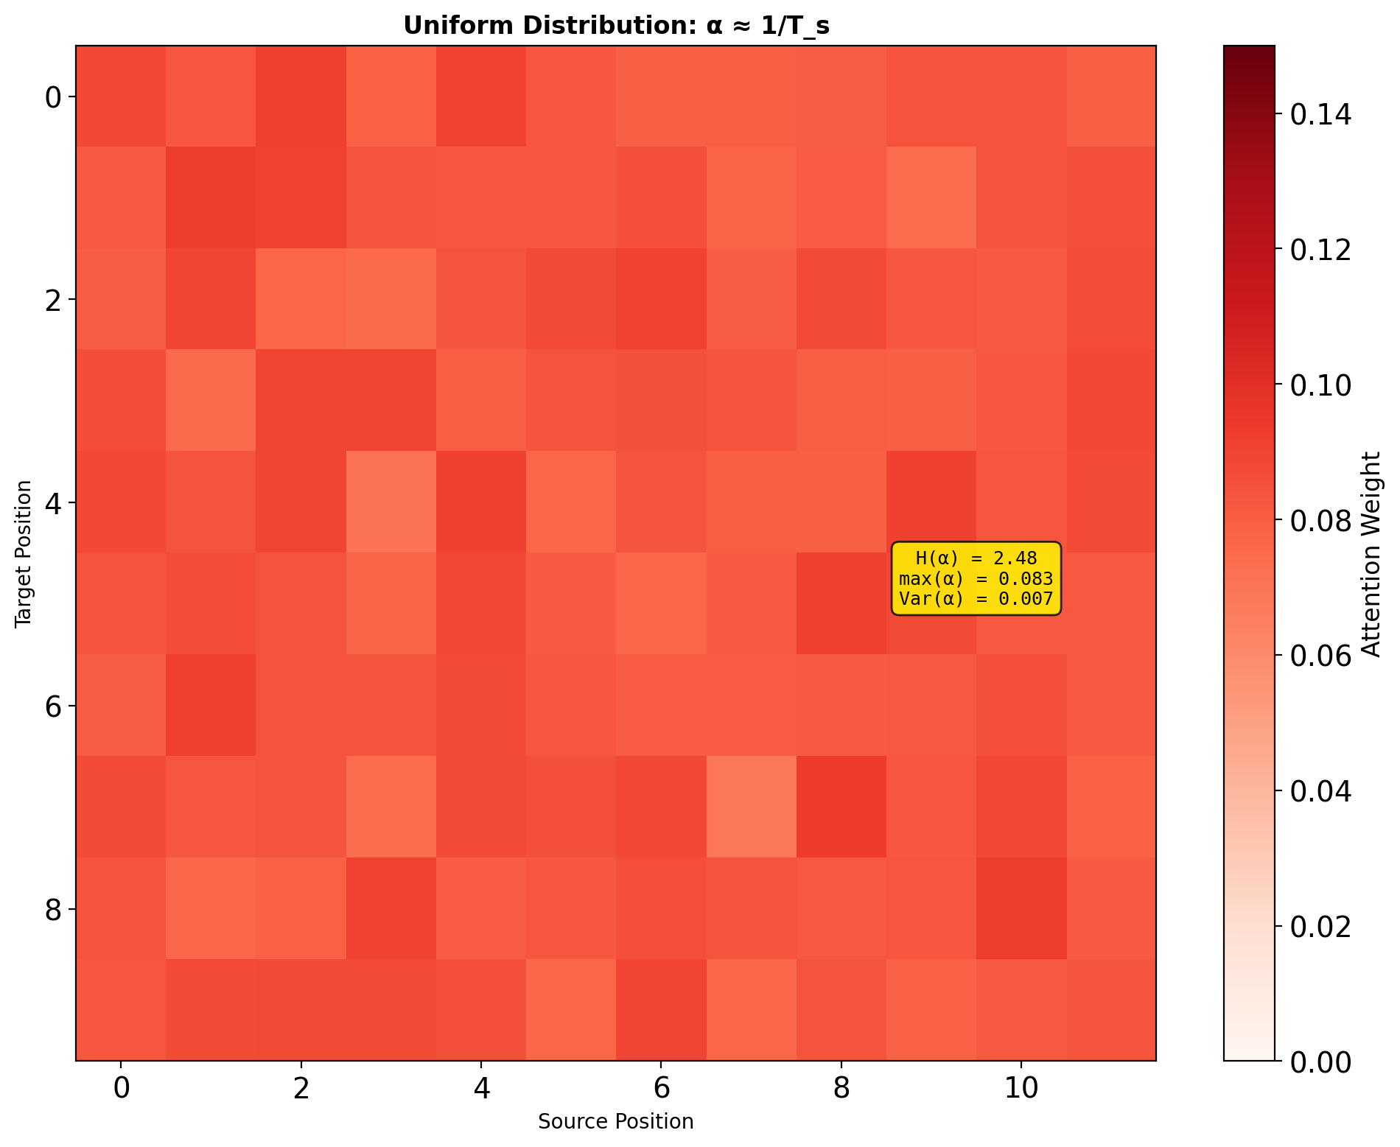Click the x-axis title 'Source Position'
pyautogui.click(x=616, y=1121)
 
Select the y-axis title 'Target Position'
pyautogui.click(x=24, y=554)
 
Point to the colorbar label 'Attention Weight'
pyautogui.click(x=1371, y=554)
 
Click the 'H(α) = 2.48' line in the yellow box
pyautogui.click(x=976, y=558)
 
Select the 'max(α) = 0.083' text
pyautogui.click(x=976, y=578)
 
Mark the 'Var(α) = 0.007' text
pyautogui.click(x=976, y=599)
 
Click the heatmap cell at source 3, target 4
pyautogui.click(x=391, y=502)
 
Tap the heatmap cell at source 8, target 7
pyautogui.click(x=841, y=807)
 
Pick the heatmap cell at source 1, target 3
pyautogui.click(x=211, y=401)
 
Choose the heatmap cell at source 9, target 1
pyautogui.click(x=931, y=197)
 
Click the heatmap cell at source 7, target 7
pyautogui.click(x=751, y=807)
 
